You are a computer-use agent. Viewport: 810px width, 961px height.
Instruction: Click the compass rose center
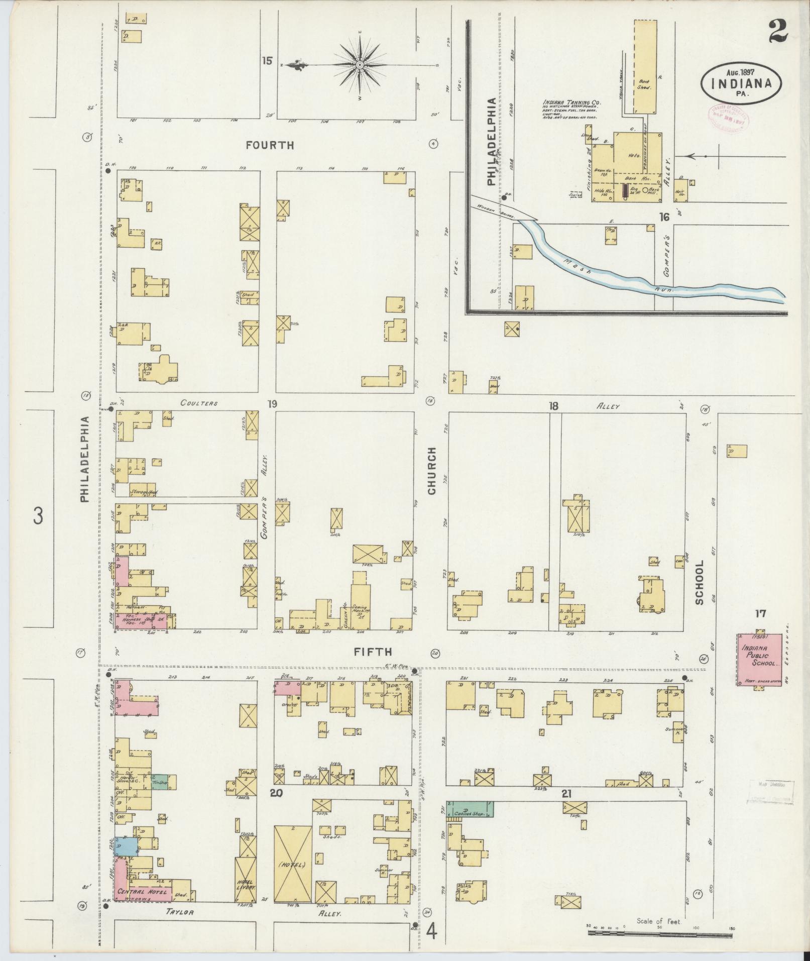pyautogui.click(x=360, y=65)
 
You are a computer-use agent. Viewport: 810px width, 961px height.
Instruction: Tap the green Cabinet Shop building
pyautogui.click(x=470, y=809)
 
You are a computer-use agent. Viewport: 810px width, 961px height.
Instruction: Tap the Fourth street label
pyautogui.click(x=270, y=145)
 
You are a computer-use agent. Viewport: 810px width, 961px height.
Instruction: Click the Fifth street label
pyautogui.click(x=372, y=652)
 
